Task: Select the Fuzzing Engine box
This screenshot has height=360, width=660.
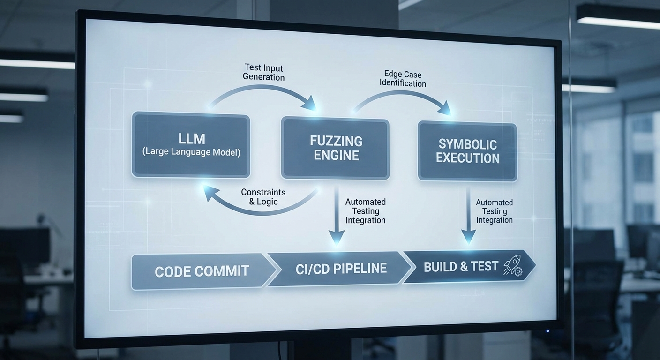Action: pyautogui.click(x=335, y=148)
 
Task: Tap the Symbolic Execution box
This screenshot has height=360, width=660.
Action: pyautogui.click(x=467, y=151)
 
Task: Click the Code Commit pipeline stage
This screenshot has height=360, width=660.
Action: pyautogui.click(x=202, y=271)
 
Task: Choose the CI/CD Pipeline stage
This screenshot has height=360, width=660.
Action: pyautogui.click(x=341, y=269)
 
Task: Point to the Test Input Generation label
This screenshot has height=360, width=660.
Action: pyautogui.click(x=263, y=73)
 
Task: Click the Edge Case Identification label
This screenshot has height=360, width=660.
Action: pyautogui.click(x=403, y=79)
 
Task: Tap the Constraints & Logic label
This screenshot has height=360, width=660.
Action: pyautogui.click(x=263, y=197)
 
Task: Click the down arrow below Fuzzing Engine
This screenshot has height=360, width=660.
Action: pyautogui.click(x=336, y=216)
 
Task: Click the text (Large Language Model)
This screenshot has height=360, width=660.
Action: pyautogui.click(x=191, y=152)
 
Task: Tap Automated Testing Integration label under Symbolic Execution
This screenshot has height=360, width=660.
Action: pyautogui.click(x=494, y=211)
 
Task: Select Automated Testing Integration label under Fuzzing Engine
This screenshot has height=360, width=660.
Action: pyautogui.click(x=365, y=211)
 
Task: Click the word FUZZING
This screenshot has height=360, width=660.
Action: pyautogui.click(x=336, y=141)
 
